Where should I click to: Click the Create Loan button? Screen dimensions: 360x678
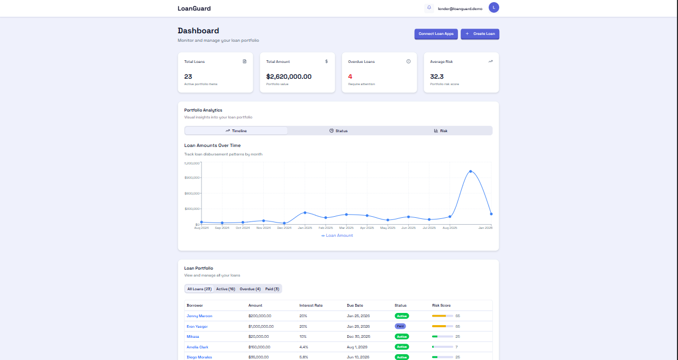pyautogui.click(x=480, y=34)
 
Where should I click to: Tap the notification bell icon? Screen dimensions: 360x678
pyautogui.click(x=429, y=7)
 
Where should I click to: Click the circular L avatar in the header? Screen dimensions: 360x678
pyautogui.click(x=494, y=7)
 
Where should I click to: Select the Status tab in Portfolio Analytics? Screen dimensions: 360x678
pyautogui.click(x=338, y=131)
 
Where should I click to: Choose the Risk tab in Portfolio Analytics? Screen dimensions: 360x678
pyautogui.click(x=441, y=131)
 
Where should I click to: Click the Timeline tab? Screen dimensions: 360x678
pyautogui.click(x=236, y=131)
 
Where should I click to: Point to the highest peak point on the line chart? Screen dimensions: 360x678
pyautogui.click(x=470, y=171)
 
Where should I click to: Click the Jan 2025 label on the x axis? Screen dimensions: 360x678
pyautogui.click(x=305, y=228)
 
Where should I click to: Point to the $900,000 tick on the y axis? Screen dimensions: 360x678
pyautogui.click(x=192, y=178)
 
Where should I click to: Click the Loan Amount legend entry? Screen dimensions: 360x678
pyautogui.click(x=337, y=235)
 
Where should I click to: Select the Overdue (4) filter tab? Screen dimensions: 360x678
pyautogui.click(x=250, y=289)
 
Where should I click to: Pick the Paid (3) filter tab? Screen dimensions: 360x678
pyautogui.click(x=272, y=289)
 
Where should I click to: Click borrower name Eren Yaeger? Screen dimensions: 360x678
pyautogui.click(x=197, y=326)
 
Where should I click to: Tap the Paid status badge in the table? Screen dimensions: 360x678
pyautogui.click(x=400, y=326)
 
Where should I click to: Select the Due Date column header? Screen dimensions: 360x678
pyautogui.click(x=355, y=305)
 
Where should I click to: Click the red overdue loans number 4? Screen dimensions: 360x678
pyautogui.click(x=350, y=77)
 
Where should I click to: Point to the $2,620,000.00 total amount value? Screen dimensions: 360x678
pyautogui.click(x=289, y=77)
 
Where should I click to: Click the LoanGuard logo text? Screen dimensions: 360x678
pyautogui.click(x=194, y=8)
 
